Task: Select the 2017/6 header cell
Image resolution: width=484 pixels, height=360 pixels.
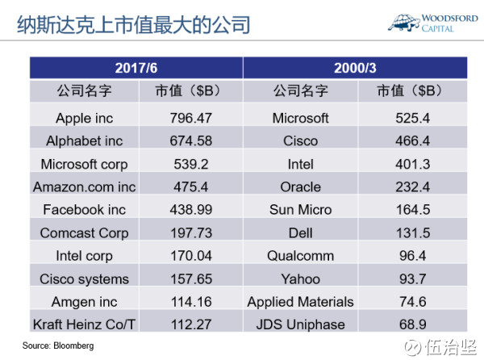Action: [x=136, y=67]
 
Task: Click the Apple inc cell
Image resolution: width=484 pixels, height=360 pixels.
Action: [x=84, y=118]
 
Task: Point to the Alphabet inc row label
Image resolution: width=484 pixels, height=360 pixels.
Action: [x=84, y=140]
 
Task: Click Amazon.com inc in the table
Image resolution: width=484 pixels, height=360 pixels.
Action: [x=84, y=186]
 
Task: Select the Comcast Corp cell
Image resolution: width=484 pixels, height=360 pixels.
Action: [x=84, y=233]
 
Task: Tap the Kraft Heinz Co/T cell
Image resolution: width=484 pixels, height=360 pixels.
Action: [x=84, y=324]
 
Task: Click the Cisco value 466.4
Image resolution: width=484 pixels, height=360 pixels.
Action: [x=413, y=140]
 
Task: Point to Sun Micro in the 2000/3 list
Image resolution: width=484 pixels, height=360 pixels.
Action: [x=300, y=210]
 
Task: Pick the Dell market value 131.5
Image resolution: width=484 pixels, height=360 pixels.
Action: [x=413, y=233]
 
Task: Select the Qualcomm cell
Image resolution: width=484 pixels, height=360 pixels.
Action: [x=300, y=256]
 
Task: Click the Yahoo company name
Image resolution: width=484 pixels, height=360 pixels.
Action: [x=300, y=278]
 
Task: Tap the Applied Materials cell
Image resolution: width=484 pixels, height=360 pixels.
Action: [x=300, y=302]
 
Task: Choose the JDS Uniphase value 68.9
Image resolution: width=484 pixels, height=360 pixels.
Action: [x=413, y=324]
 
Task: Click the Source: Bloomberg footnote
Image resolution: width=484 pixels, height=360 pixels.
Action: [x=58, y=345]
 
